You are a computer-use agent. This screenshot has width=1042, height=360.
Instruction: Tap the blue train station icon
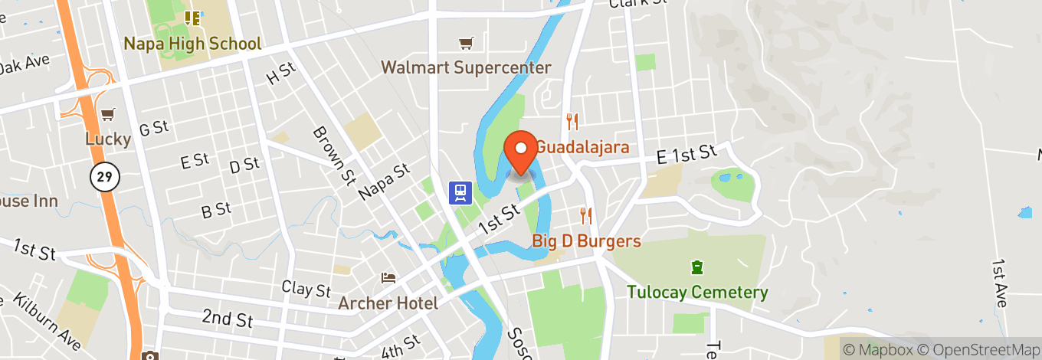(460, 191)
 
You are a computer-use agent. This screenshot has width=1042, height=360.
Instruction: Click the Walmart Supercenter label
(466, 67)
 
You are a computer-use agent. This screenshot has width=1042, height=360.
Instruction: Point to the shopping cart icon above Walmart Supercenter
(465, 44)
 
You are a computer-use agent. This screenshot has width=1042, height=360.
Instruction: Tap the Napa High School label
(192, 44)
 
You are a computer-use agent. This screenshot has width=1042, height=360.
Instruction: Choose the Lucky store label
(108, 139)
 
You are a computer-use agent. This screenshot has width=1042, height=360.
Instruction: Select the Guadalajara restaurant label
(582, 147)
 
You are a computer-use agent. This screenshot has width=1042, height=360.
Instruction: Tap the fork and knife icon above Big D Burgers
(586, 215)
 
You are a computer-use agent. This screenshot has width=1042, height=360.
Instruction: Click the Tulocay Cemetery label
(697, 292)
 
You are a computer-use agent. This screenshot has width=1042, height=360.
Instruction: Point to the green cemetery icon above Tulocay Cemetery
(697, 267)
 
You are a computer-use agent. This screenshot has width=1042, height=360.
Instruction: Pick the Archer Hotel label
(388, 303)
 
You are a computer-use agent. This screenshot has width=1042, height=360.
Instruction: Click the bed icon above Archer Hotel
(388, 277)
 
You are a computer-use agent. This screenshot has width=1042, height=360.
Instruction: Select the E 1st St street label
(686, 155)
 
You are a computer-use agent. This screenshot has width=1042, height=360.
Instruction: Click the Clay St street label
(306, 290)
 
